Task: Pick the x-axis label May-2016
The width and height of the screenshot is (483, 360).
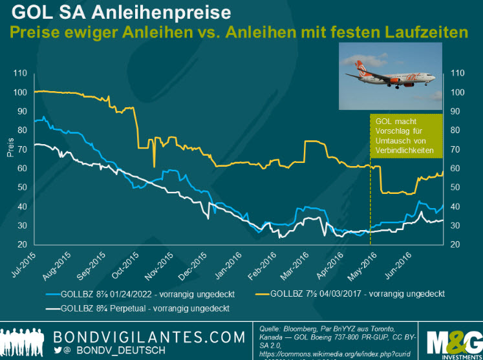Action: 367,264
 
